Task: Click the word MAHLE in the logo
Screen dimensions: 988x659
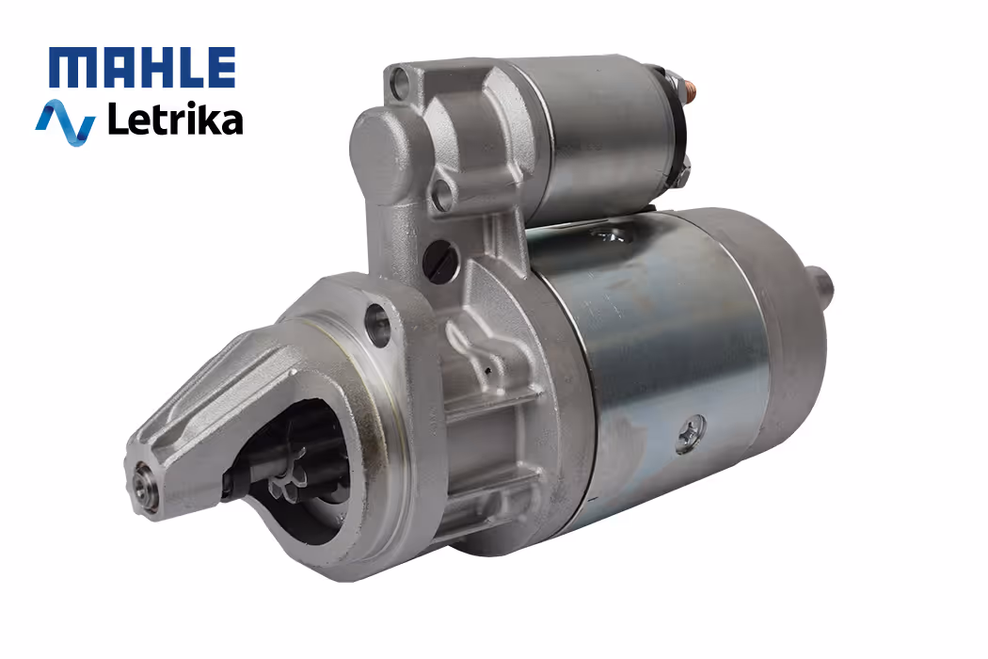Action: [142, 67]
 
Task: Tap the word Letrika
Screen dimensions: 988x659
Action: [175, 119]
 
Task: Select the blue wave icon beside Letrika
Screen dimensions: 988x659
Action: [66, 122]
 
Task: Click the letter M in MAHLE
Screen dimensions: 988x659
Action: [69, 68]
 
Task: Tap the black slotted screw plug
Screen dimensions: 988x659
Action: [439, 262]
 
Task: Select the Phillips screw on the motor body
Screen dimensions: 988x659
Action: [692, 434]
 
